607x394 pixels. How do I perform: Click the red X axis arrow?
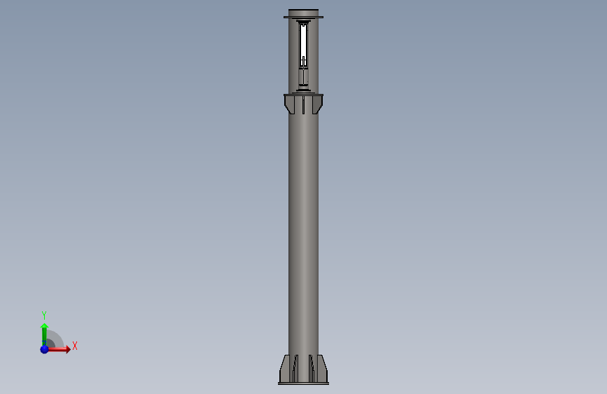tap(58, 349)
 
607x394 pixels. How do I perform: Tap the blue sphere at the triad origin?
tap(45, 349)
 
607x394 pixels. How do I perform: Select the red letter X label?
tap(75, 346)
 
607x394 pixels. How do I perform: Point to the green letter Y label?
tap(44, 315)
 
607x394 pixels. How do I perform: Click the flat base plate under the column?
tap(304, 383)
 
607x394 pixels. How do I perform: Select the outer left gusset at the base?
tap(284, 369)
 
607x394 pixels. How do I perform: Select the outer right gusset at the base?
tap(323, 369)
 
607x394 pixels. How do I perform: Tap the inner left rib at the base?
tap(295, 368)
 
